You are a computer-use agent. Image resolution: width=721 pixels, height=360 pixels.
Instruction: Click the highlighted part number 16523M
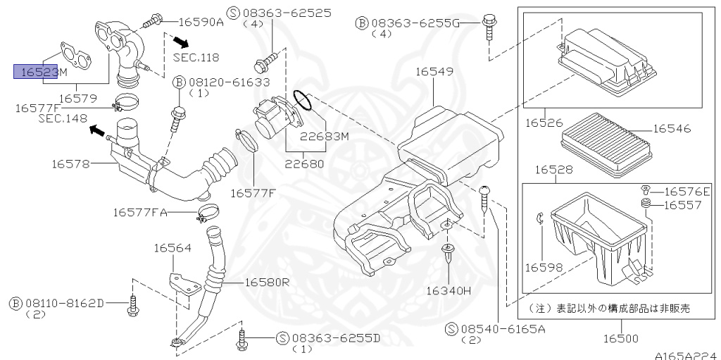[x=40, y=71]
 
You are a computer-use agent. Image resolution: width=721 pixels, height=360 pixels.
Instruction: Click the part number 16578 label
[x=71, y=164]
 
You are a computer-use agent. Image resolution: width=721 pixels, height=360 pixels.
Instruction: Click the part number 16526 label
[x=543, y=123]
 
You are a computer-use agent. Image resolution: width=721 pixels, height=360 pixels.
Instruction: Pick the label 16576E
[x=686, y=191]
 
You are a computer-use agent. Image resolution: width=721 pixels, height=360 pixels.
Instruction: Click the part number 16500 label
[x=618, y=338]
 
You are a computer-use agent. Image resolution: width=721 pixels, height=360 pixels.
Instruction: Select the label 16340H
[x=447, y=290]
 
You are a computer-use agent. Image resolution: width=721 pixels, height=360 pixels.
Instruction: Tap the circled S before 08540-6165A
[x=452, y=328]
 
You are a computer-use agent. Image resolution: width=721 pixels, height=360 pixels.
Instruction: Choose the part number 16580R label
[x=267, y=282]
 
